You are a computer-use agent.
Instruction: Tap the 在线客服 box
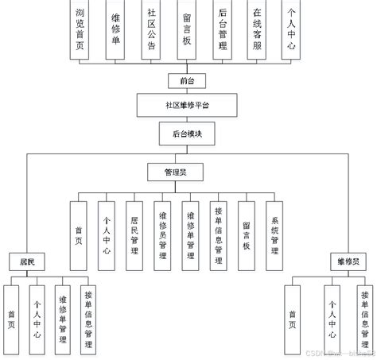coord(256,30)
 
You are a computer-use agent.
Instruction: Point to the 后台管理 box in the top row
coord(222,30)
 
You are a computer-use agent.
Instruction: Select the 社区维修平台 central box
coord(188,105)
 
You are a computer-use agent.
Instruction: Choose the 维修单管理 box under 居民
coord(62,317)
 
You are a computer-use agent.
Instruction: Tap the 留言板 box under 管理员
coord(247,230)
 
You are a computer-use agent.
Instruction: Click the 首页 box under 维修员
coord(293,317)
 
